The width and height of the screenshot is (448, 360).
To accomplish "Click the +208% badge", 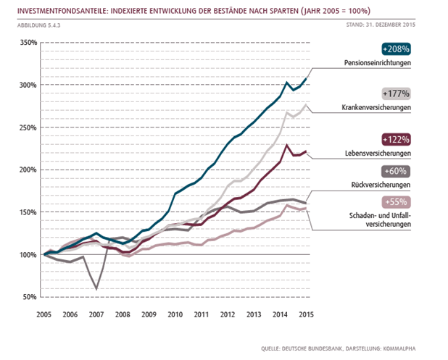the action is (396, 49).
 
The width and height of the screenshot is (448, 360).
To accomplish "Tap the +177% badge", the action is (396, 93).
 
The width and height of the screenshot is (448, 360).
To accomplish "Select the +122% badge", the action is (396, 140).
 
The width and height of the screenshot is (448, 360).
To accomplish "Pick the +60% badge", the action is (396, 171).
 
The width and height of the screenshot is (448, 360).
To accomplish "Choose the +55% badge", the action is (396, 202).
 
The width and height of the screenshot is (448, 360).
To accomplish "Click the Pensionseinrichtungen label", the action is (378, 63).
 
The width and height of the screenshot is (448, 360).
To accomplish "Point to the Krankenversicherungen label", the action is (376, 108).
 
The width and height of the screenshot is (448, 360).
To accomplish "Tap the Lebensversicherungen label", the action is (378, 154).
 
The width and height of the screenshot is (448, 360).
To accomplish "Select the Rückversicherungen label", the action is (381, 185).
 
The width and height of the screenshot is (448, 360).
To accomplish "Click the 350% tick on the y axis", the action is (28, 43).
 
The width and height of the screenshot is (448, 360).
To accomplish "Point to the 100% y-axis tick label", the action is (28, 255).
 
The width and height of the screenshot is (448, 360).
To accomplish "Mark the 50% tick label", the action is (30, 297).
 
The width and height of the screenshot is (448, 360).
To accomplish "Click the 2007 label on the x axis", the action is (96, 314).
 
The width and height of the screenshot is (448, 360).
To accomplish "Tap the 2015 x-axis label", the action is (307, 314).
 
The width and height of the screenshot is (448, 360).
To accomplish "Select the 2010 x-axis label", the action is (175, 314).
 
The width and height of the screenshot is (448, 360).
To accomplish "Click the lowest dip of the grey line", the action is (96, 289).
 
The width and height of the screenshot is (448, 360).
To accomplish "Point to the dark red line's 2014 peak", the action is (286, 146).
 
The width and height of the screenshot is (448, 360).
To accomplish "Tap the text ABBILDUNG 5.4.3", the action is (39, 25).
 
